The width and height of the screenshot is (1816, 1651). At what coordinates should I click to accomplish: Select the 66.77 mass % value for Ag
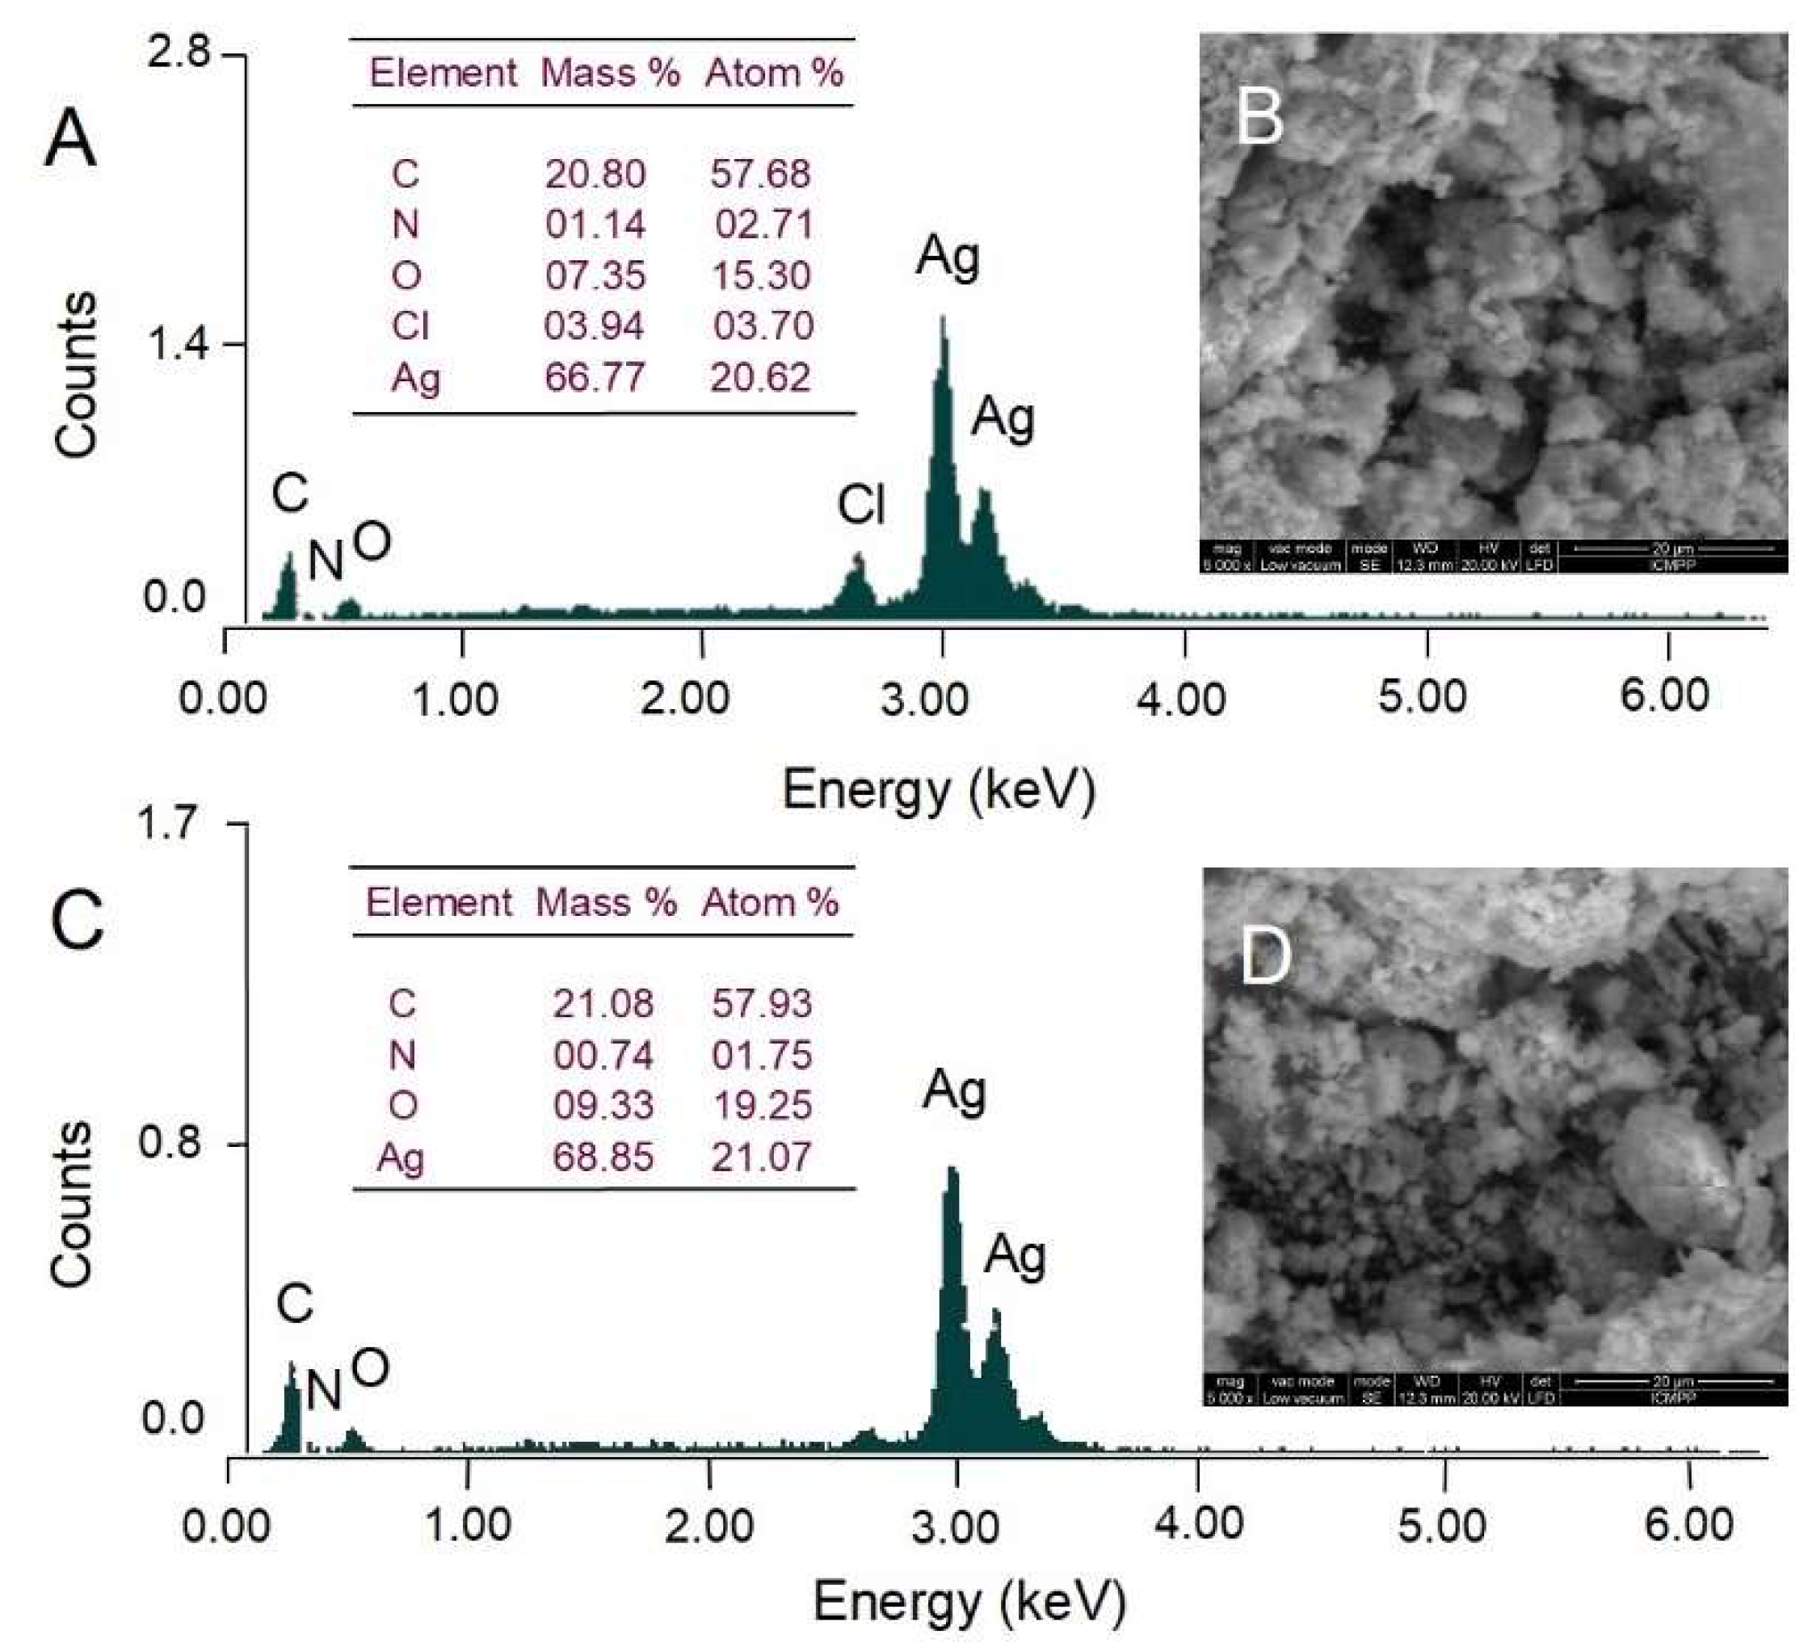(x=595, y=377)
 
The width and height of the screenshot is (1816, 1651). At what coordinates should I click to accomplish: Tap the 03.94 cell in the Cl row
(x=594, y=326)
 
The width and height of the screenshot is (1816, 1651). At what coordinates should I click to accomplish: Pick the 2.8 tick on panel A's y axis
(x=179, y=54)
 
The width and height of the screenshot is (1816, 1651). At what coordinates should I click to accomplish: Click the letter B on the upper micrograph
(x=1259, y=118)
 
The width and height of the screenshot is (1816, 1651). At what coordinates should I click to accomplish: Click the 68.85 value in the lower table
(x=603, y=1157)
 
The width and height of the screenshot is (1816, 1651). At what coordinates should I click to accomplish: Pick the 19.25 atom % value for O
(x=761, y=1106)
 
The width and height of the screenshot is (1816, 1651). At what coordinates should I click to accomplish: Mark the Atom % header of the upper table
(x=774, y=73)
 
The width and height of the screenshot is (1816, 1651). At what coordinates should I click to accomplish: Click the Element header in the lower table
(x=439, y=902)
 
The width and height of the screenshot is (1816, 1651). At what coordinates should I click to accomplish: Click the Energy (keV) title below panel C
(x=969, y=1602)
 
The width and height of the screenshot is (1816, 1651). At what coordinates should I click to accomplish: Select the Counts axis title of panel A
(x=75, y=374)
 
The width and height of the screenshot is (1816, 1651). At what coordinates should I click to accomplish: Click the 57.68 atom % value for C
(x=760, y=174)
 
